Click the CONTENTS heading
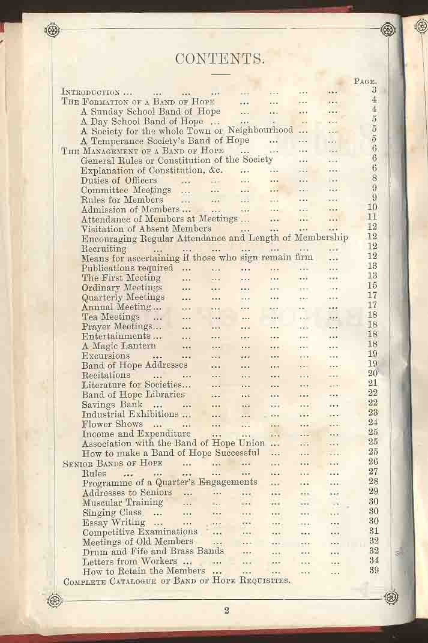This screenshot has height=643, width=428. pyautogui.click(x=220, y=59)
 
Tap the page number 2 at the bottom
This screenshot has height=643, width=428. pyautogui.click(x=227, y=611)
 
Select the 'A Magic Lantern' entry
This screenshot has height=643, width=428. pyautogui.click(x=119, y=345)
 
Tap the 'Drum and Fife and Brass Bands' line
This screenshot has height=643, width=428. pyautogui.click(x=153, y=551)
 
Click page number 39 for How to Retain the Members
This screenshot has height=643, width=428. pyautogui.click(x=373, y=570)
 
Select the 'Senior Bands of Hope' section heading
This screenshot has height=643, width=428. pyautogui.click(x=112, y=464)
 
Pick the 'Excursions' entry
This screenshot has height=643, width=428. pyautogui.click(x=106, y=355)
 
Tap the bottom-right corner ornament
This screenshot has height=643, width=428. pyautogui.click(x=391, y=597)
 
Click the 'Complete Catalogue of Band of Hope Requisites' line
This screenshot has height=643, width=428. pyautogui.click(x=177, y=581)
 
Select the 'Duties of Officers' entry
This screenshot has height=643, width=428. pyautogui.click(x=119, y=180)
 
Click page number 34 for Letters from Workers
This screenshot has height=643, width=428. pyautogui.click(x=373, y=560)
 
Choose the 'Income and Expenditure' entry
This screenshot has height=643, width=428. pyautogui.click(x=136, y=434)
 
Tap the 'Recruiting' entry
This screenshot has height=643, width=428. pyautogui.click(x=104, y=248)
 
